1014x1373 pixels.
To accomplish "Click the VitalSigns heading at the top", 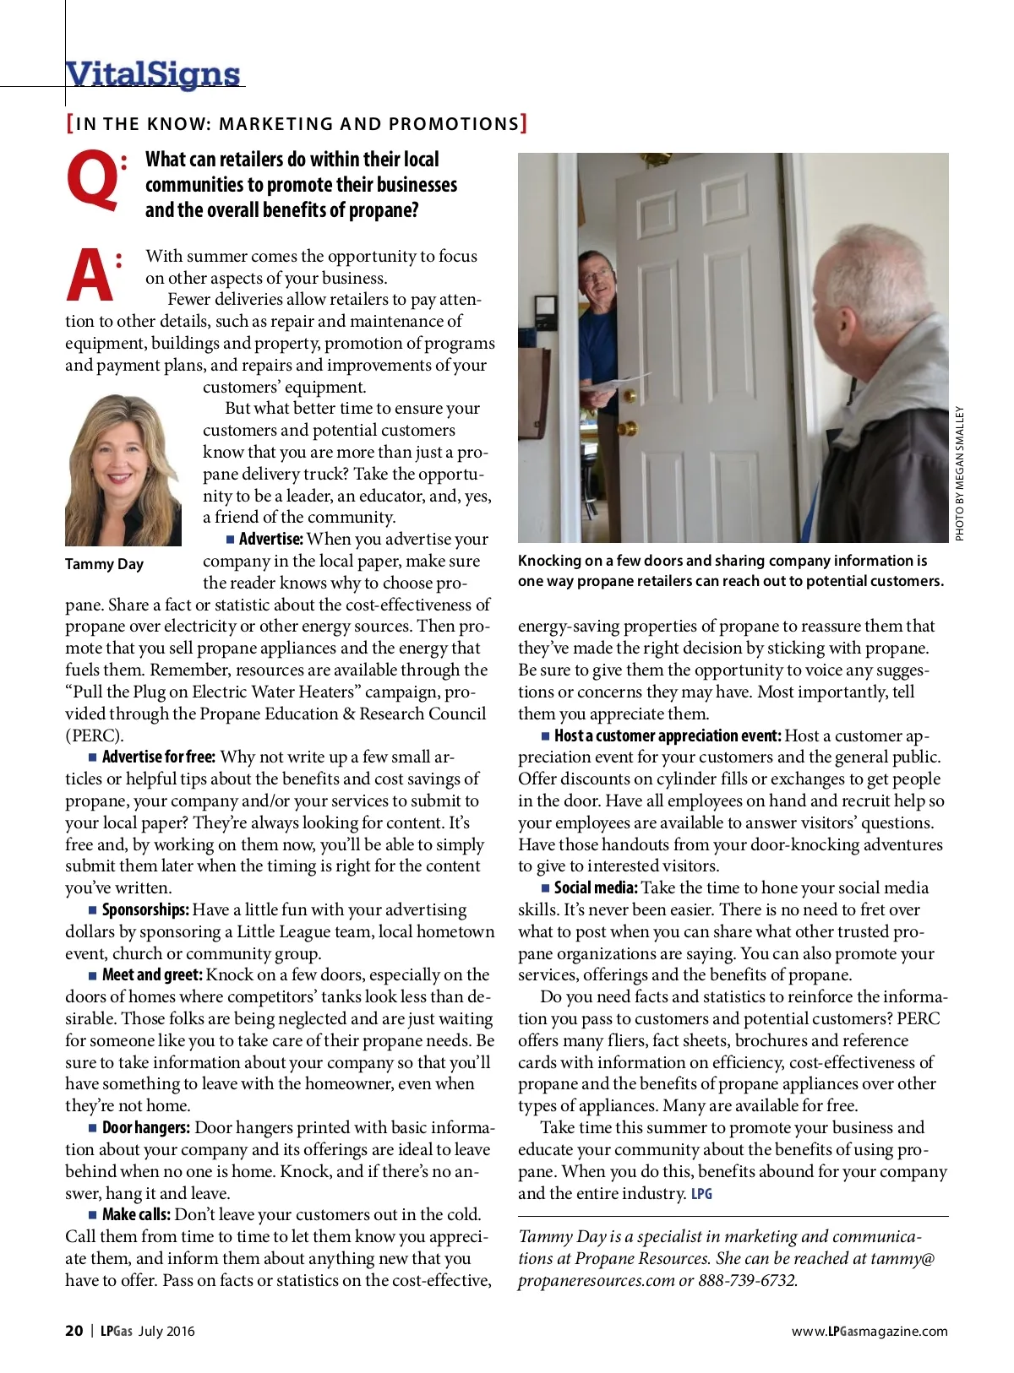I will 153,74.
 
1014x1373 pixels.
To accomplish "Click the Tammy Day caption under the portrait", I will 104,564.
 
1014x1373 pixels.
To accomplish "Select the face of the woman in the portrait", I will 122,460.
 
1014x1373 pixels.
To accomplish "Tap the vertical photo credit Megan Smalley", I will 959,473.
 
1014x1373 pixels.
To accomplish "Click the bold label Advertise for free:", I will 158,757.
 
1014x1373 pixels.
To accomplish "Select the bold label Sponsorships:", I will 144,910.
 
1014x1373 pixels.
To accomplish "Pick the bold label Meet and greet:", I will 152,975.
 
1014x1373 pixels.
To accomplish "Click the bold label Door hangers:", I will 145,1128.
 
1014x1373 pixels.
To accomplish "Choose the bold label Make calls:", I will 136,1215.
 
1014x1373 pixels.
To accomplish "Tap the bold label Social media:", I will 596,888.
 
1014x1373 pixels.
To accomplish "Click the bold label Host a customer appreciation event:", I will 668,736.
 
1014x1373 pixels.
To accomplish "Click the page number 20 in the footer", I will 74,1331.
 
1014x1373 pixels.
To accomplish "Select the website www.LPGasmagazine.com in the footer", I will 870,1332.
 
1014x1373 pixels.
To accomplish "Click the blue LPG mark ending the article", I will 701,1194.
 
